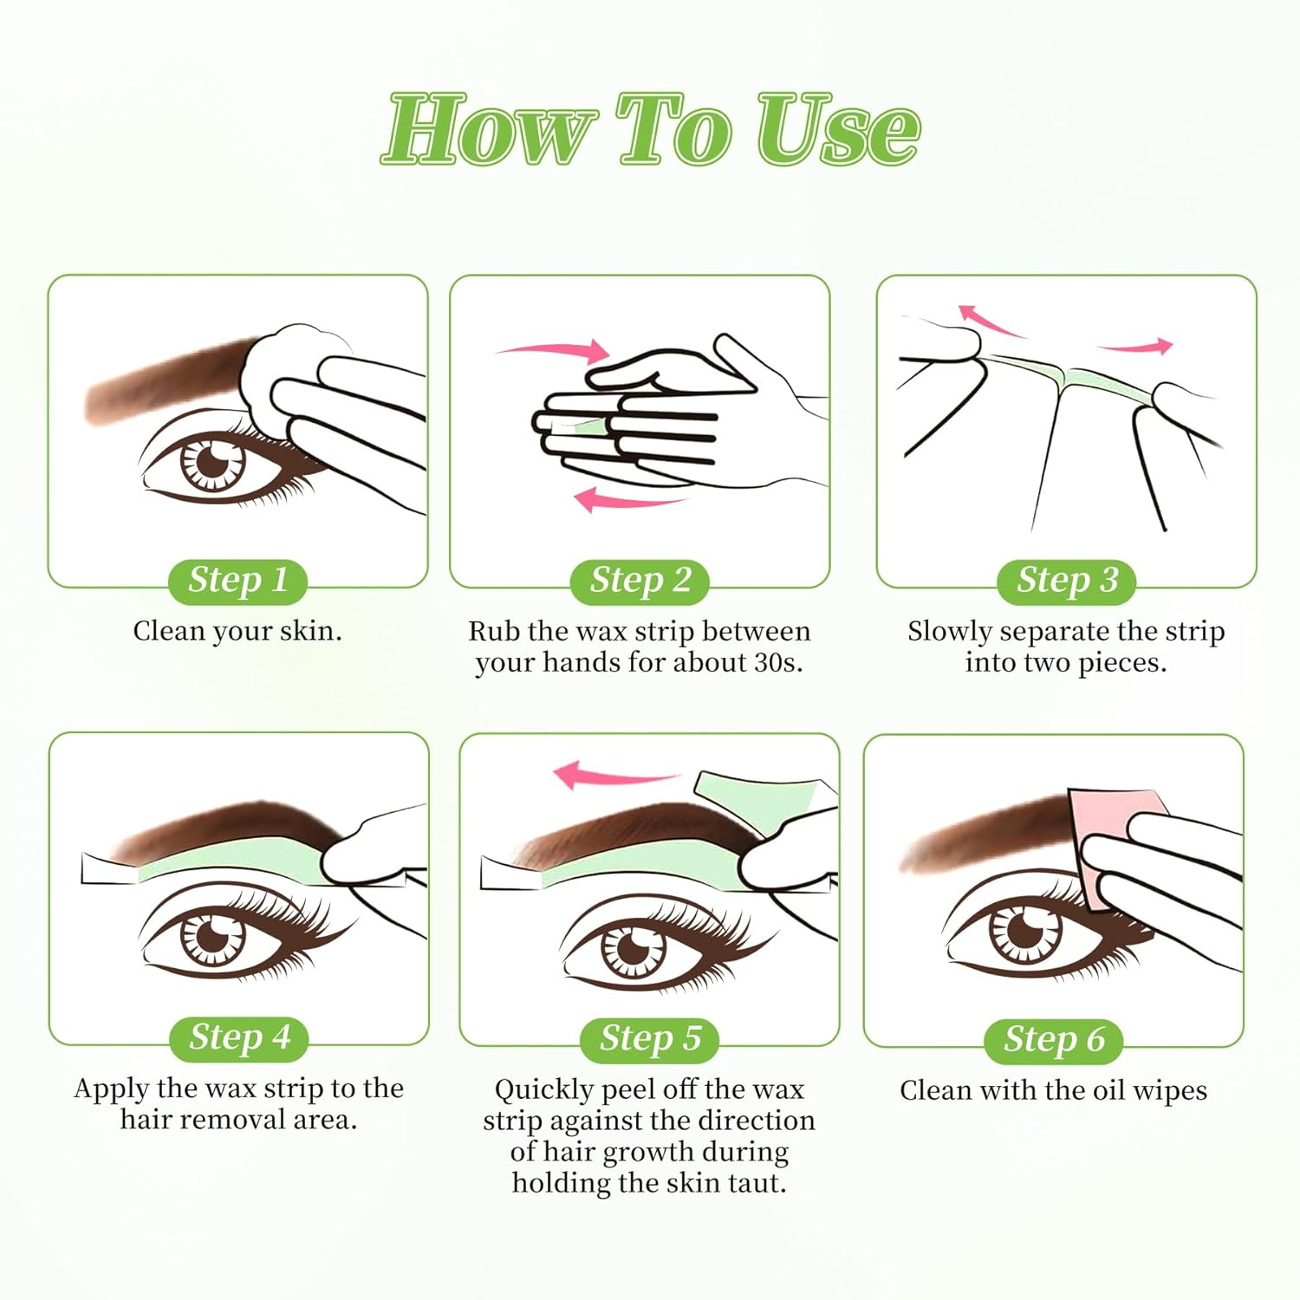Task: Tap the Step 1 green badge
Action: (237, 580)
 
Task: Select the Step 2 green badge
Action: (640, 580)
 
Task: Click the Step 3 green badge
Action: (1066, 580)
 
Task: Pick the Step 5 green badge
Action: (649, 1038)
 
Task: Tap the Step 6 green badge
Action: (1053, 1039)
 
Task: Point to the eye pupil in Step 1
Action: (211, 461)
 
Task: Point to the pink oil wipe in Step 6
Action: (1109, 832)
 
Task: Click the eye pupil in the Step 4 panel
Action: (211, 936)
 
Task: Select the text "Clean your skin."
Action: (237, 631)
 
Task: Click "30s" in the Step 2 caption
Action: (776, 663)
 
